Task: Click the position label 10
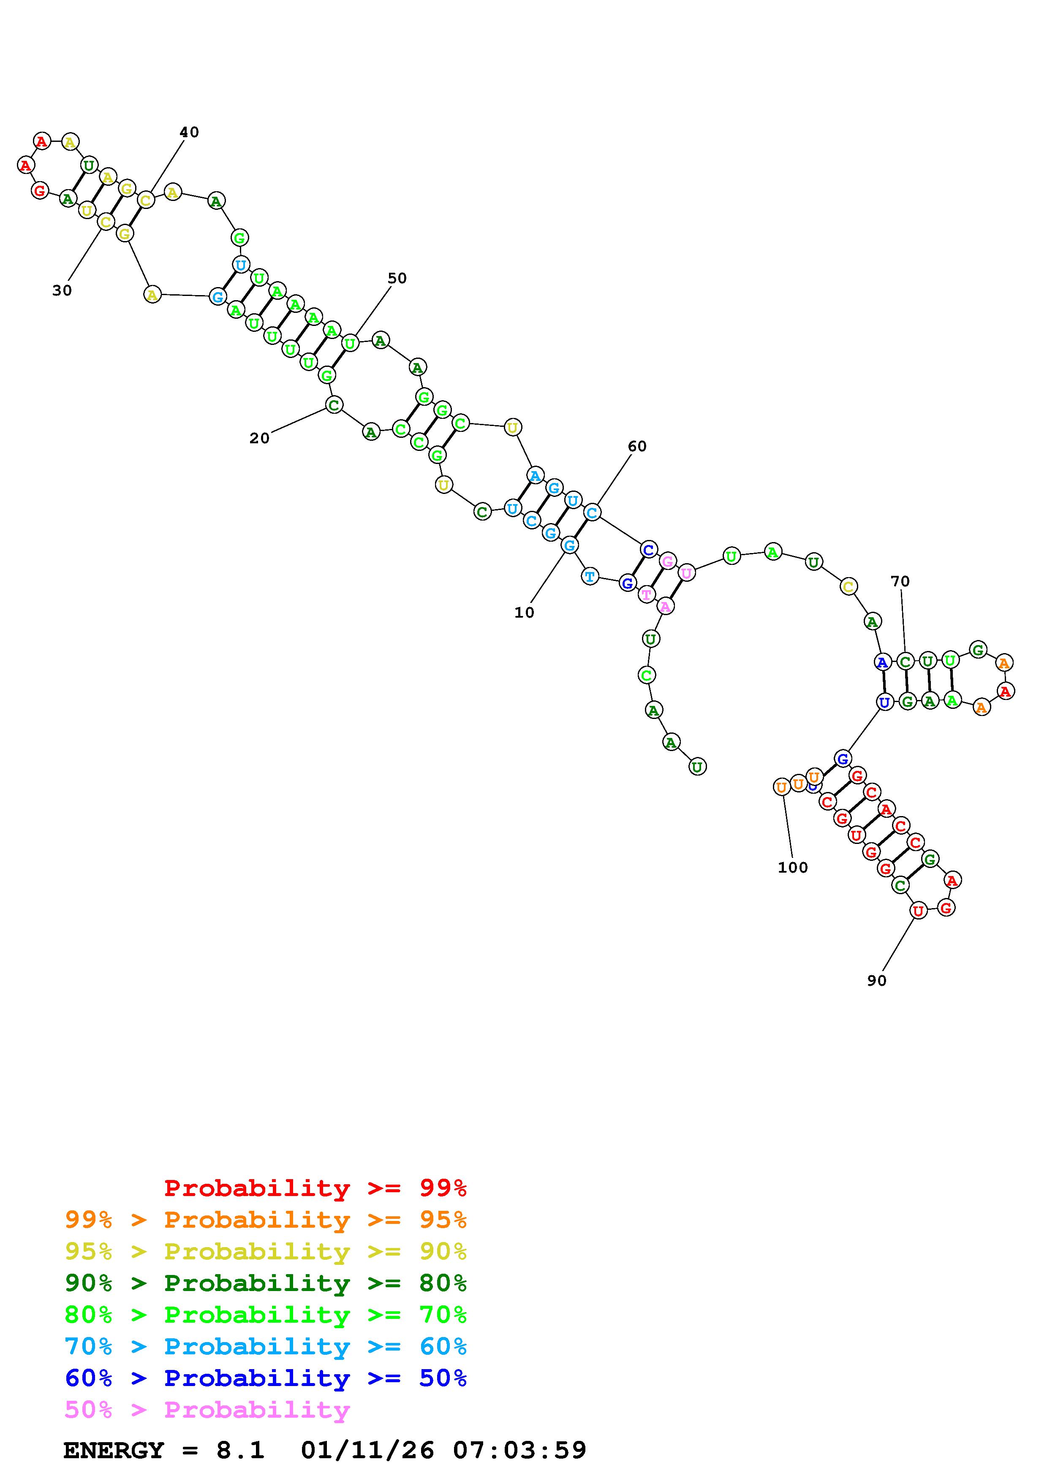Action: coord(524,613)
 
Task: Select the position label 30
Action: coord(62,291)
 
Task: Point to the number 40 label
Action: coord(189,132)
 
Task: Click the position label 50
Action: coord(397,278)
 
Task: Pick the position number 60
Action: coord(637,446)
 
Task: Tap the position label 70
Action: coord(900,581)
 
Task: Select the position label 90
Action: coord(876,980)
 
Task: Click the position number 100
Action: coord(792,868)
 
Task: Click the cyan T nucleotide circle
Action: coord(590,576)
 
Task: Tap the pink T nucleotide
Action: coord(646,594)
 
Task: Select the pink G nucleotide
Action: coord(668,561)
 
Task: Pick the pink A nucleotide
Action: coord(665,606)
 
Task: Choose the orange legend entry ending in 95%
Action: coord(266,1219)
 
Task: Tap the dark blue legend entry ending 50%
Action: coord(266,1378)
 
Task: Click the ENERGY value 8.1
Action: coord(240,1450)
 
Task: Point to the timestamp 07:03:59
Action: coord(519,1450)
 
